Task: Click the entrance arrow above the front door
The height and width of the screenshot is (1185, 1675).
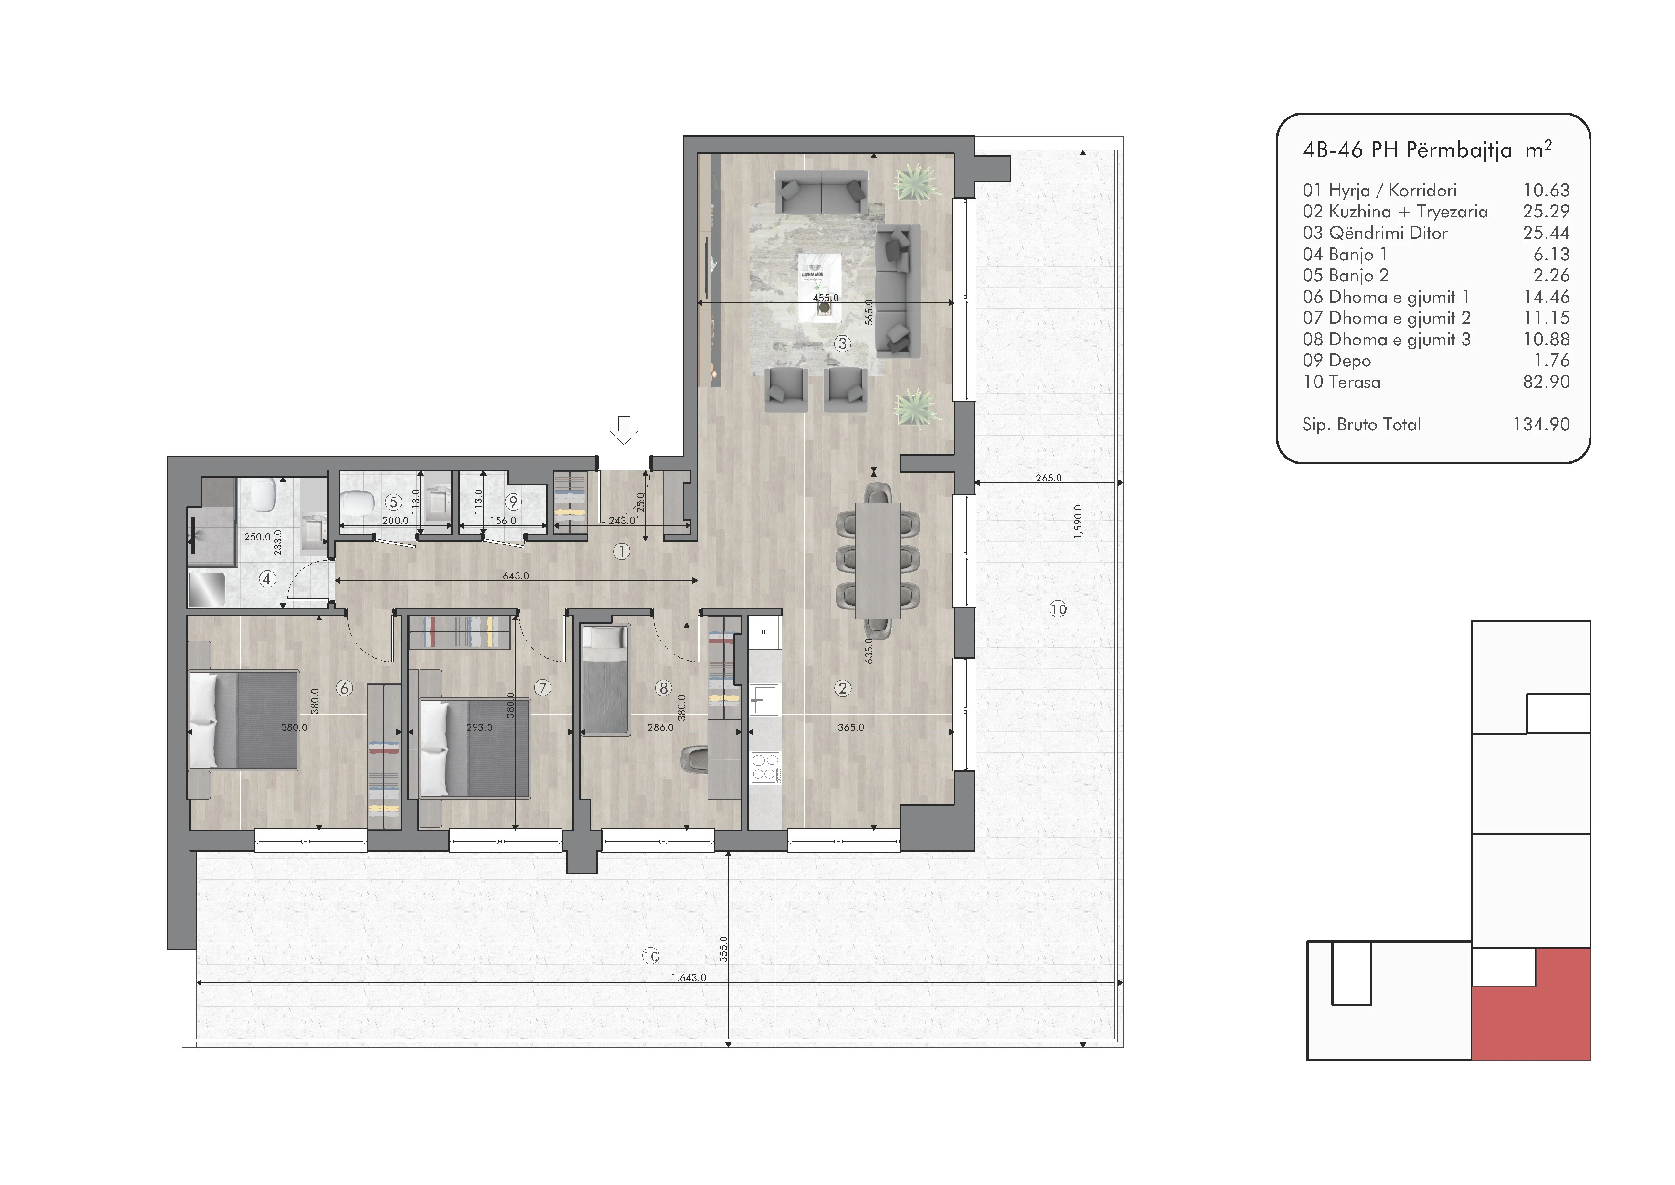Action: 624,430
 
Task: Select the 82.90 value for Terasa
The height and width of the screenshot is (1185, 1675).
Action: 1546,382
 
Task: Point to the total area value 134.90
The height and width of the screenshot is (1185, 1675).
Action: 1541,424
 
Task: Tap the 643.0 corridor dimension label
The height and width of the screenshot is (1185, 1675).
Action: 516,576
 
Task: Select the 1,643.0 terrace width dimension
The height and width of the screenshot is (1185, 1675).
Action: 689,977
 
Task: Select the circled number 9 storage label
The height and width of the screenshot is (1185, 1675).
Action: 513,502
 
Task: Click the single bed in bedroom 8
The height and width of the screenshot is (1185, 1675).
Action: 605,679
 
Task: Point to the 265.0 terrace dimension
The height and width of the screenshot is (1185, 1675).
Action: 1049,478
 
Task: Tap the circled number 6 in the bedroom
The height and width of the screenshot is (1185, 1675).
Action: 344,687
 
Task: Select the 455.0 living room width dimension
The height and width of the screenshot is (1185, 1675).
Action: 826,298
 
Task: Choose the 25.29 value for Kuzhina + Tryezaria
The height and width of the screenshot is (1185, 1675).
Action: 1546,211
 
